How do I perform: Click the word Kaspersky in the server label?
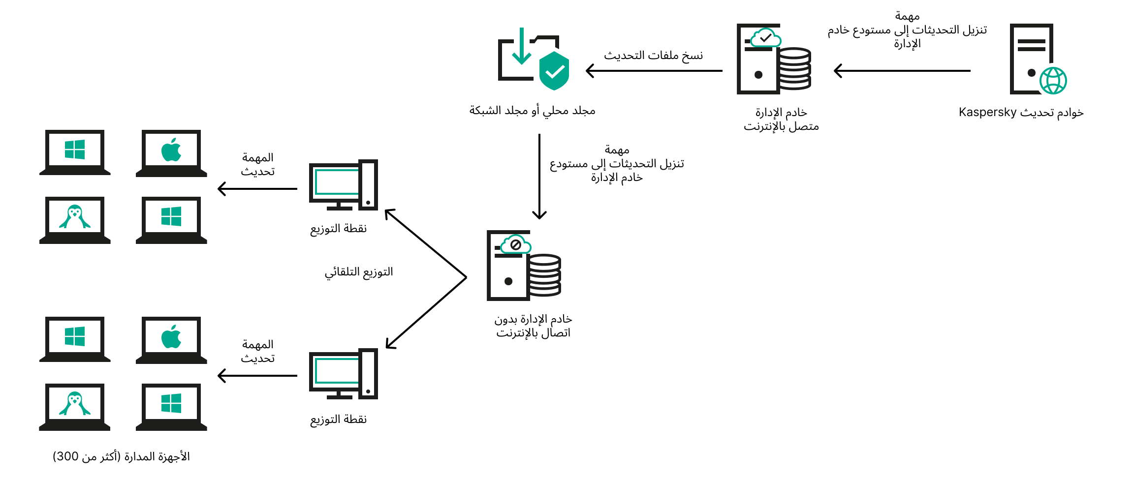987,113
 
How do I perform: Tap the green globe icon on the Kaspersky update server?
1053,81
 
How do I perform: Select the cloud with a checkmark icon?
765,37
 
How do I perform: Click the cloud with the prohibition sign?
515,244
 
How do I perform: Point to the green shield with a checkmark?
554,71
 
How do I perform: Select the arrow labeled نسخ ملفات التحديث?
654,71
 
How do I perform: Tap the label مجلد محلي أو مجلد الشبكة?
532,111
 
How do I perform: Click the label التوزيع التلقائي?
359,272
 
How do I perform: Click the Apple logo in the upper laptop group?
171,150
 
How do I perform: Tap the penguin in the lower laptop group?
75,404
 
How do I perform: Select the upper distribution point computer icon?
343,185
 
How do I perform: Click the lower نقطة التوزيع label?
339,420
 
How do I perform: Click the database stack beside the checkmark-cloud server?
794,69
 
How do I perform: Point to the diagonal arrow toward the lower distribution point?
426,313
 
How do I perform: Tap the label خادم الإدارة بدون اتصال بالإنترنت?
533,326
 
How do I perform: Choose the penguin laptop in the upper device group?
75,219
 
